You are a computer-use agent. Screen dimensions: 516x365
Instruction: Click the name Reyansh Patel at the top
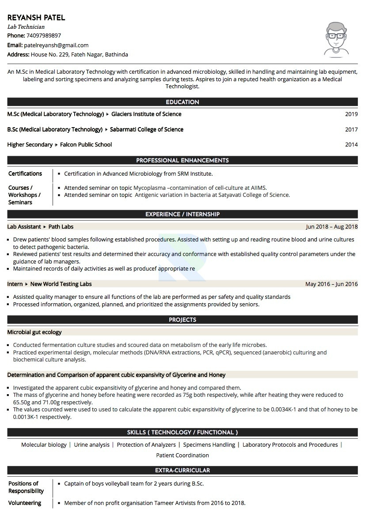(36, 18)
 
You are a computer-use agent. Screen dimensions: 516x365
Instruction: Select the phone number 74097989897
(44, 36)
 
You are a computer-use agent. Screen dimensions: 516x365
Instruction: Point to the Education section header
(182, 102)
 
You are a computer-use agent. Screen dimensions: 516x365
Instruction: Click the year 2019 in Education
(351, 114)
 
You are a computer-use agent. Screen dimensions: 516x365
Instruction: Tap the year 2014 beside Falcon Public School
(351, 145)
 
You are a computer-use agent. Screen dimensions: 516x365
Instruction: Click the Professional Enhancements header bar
(182, 160)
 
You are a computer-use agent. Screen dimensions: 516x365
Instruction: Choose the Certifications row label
(25, 173)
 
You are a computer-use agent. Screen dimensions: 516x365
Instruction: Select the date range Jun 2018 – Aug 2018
(331, 227)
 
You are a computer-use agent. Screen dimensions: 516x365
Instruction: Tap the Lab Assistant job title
(24, 227)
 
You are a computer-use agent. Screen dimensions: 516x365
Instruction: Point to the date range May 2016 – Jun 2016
(331, 284)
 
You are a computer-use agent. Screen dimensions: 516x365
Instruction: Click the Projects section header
(182, 320)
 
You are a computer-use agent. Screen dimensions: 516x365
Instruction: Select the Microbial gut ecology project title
(34, 332)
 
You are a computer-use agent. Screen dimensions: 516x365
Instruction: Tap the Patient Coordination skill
(182, 455)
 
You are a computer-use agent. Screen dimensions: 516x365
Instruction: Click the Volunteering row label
(25, 503)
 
